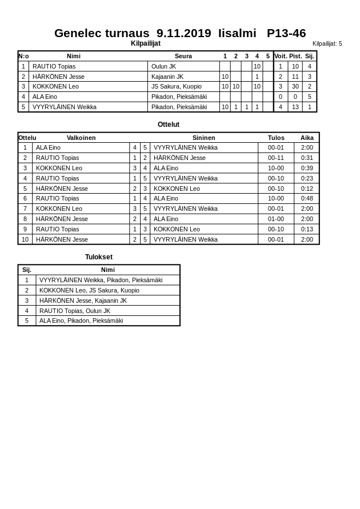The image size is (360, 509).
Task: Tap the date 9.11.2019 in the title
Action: tap(183, 33)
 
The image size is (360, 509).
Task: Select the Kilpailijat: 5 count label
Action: tap(327, 43)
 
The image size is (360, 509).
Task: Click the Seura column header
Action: tap(183, 56)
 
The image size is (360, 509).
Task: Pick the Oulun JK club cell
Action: tap(163, 66)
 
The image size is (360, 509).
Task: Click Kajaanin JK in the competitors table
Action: tap(167, 77)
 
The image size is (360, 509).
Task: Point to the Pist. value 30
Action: tap(295, 87)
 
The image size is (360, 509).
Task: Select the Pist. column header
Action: tap(295, 56)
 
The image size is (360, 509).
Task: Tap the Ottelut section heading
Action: tap(169, 125)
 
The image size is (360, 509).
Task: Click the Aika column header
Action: tap(307, 138)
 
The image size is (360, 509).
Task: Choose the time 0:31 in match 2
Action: tap(307, 158)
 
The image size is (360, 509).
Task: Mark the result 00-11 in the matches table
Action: tap(276, 158)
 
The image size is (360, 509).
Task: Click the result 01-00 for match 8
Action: tap(276, 219)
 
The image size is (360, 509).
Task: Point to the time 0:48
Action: tap(307, 198)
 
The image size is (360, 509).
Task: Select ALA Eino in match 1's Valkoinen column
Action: tap(48, 147)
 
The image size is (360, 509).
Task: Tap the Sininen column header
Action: tap(203, 138)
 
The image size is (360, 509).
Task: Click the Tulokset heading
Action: tap(99, 257)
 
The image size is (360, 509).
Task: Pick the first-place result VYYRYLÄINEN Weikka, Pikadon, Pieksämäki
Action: tap(101, 280)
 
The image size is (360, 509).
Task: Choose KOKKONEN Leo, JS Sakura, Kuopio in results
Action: tap(89, 290)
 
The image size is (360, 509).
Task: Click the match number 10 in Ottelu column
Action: tap(25, 239)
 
